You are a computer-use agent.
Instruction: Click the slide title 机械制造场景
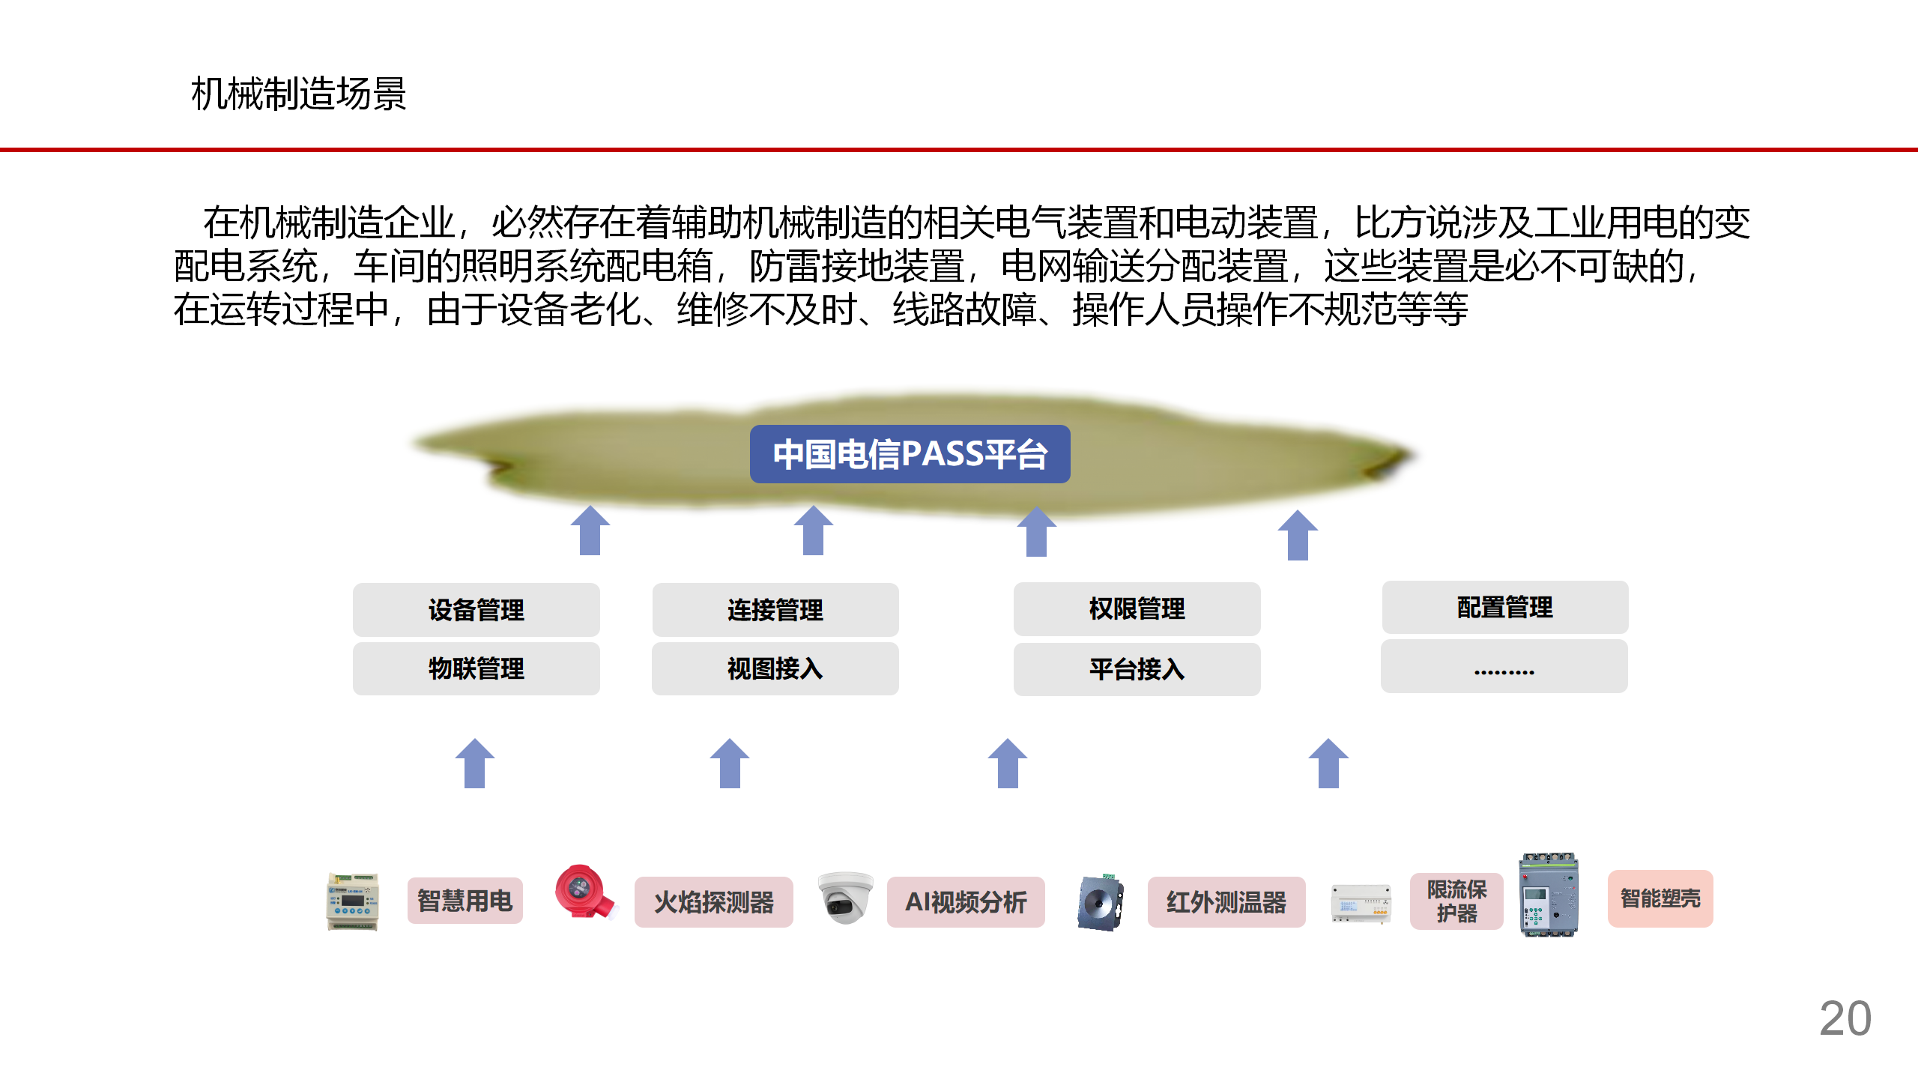298,94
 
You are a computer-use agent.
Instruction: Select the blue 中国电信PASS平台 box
910,454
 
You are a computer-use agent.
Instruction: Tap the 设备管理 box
476,610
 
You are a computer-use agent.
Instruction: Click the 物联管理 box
476,668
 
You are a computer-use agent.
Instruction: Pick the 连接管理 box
775,610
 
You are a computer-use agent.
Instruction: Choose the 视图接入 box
775,668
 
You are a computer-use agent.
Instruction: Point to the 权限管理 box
1137,608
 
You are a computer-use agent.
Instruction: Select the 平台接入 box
1137,669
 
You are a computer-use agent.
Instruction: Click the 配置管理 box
1504,607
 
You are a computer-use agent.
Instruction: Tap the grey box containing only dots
1504,667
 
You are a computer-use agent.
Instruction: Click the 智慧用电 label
465,901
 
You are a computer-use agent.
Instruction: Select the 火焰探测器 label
713,902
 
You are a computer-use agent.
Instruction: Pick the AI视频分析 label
966,902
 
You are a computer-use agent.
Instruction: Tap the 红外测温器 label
1226,902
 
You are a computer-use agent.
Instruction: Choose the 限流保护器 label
1456,901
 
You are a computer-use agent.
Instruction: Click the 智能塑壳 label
1660,898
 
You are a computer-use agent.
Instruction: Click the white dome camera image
845,897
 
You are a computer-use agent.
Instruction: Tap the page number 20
1845,1019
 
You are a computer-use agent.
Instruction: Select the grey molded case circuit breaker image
1549,895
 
